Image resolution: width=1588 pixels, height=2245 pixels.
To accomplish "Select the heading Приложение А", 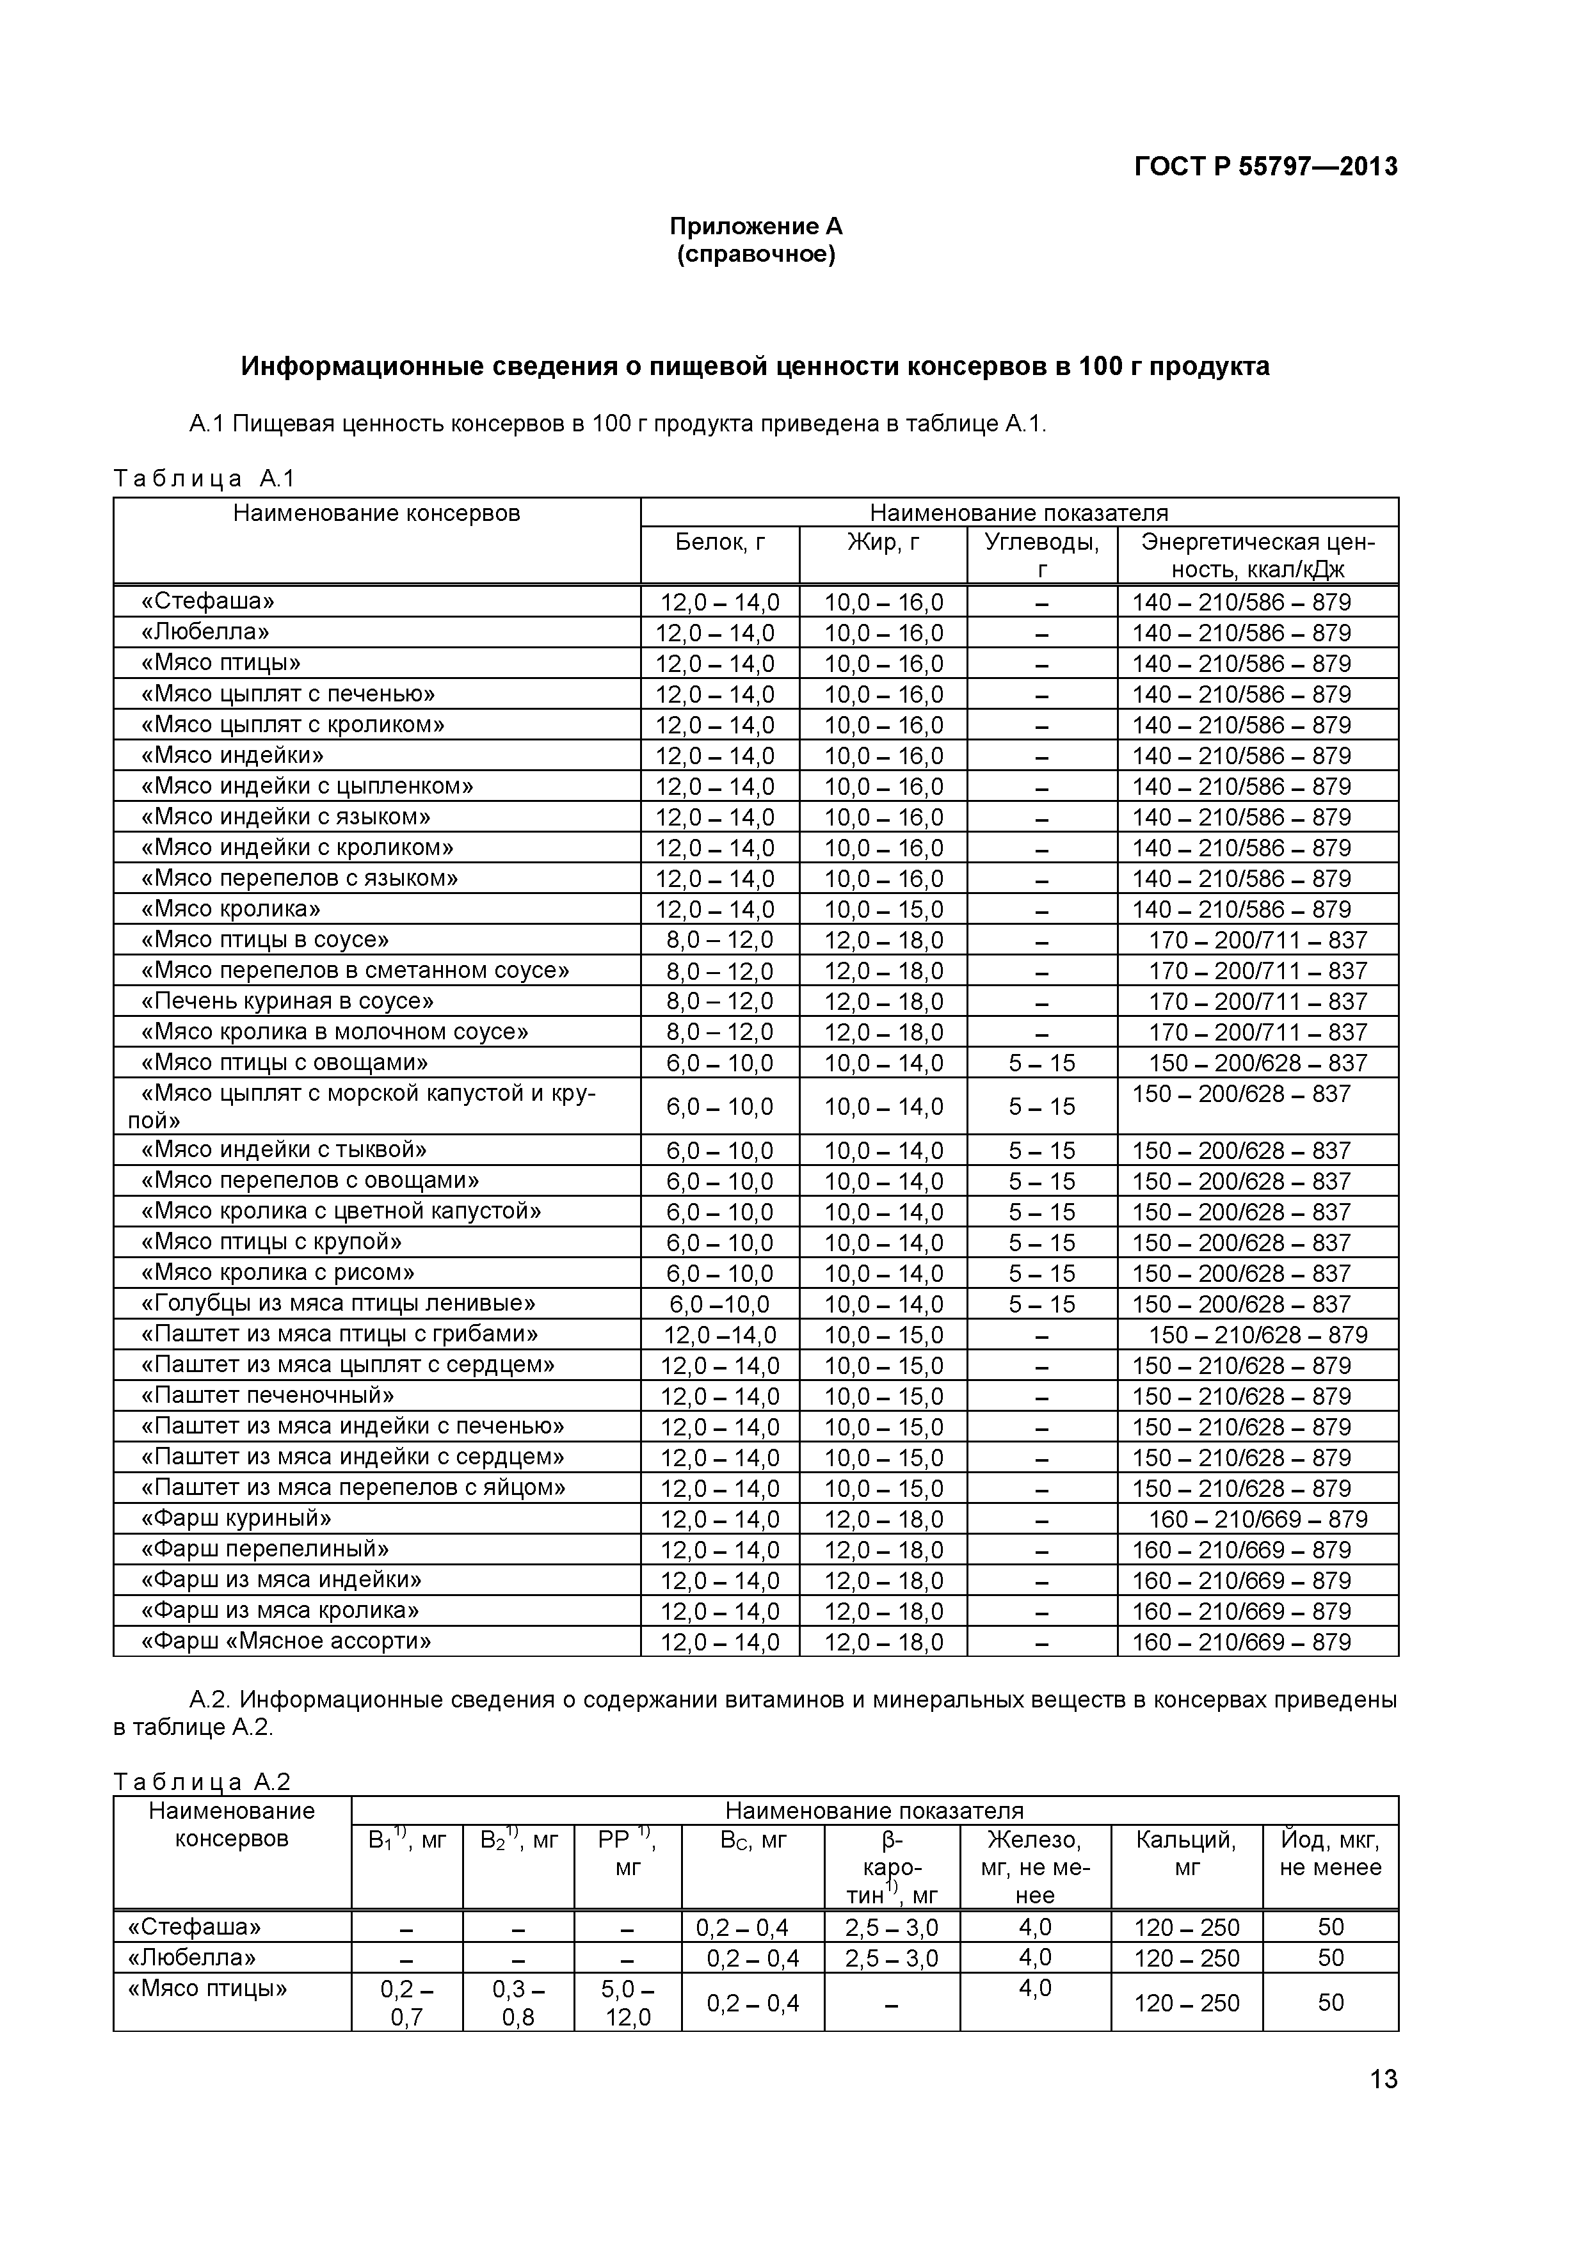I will (x=756, y=227).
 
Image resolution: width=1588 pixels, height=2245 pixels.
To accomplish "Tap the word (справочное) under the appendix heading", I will (x=756, y=255).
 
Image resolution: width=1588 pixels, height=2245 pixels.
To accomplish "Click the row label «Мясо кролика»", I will (x=231, y=909).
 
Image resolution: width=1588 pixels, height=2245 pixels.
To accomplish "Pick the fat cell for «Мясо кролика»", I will (x=883, y=910).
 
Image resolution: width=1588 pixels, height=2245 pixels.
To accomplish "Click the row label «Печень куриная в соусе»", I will (x=287, y=1002).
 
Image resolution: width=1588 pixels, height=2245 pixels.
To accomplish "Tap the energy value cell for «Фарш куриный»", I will (x=1258, y=1519).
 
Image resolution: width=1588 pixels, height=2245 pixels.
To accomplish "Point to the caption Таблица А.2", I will (x=202, y=1782).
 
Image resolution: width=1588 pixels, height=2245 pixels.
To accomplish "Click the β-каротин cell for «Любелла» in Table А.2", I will (x=891, y=1958).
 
